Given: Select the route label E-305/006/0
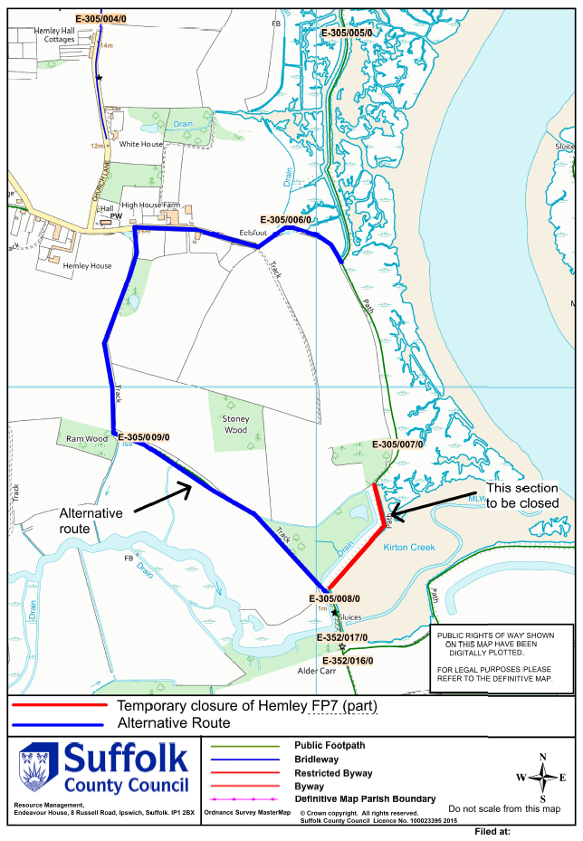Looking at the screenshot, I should (286, 220).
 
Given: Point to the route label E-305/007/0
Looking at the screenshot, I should (398, 444).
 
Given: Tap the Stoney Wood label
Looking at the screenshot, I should (234, 425).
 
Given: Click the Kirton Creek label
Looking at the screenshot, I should (409, 548).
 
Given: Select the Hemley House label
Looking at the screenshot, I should (87, 266).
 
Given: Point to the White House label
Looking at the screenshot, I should (141, 144).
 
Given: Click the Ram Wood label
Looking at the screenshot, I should (87, 438).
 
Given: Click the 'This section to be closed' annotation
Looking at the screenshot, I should (522, 496).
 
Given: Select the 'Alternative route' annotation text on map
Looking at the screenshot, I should (91, 520).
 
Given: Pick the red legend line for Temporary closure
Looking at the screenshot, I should (56, 705).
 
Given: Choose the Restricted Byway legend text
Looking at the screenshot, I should (336, 774).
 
